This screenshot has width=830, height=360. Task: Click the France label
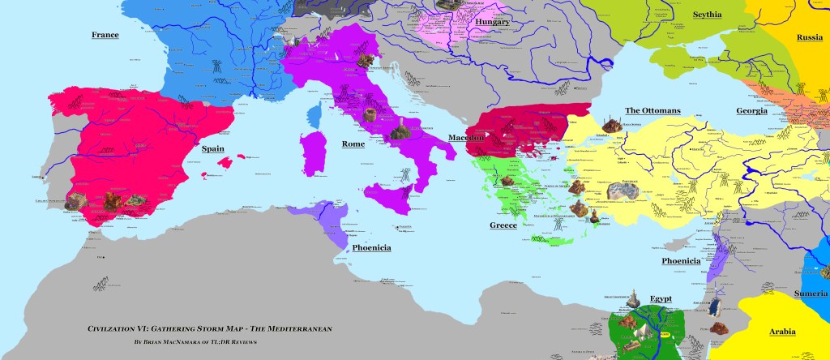pos(105,35)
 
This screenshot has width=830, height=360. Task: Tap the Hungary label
pos(492,22)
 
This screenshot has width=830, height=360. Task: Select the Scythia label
pos(708,15)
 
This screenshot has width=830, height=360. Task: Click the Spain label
pos(213,149)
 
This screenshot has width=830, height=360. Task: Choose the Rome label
pos(353,144)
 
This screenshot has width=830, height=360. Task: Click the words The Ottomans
pos(652,110)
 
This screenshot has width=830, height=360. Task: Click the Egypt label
pos(663,298)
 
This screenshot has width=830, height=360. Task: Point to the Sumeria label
pos(811,293)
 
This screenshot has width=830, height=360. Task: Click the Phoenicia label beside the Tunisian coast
pos(372,248)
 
